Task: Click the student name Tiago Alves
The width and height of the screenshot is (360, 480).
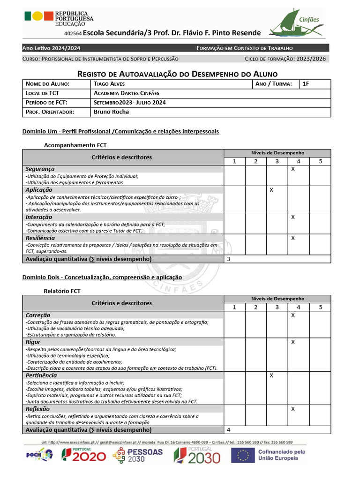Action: (108, 84)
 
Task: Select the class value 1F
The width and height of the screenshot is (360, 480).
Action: (306, 84)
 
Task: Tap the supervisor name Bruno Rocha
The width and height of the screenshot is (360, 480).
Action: (111, 112)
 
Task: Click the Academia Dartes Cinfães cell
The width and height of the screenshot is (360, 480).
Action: (126, 93)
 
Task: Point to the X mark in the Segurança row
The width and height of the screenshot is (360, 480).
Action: (292, 169)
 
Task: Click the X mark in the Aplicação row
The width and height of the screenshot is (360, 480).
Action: (271, 190)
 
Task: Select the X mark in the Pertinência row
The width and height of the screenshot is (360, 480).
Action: (271, 375)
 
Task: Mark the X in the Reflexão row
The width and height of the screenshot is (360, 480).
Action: (292, 409)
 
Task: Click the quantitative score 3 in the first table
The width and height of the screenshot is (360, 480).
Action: (228, 259)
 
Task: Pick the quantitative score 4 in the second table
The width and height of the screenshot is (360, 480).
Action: (228, 429)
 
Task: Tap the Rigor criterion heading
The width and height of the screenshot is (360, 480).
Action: (33, 342)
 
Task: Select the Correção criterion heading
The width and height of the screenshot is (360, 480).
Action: (38, 315)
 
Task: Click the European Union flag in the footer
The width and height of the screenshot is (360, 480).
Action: (243, 455)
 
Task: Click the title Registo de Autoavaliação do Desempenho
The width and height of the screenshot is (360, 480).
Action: (177, 74)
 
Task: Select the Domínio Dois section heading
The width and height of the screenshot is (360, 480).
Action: (102, 277)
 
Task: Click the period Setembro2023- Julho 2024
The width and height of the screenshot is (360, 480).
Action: (129, 103)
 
